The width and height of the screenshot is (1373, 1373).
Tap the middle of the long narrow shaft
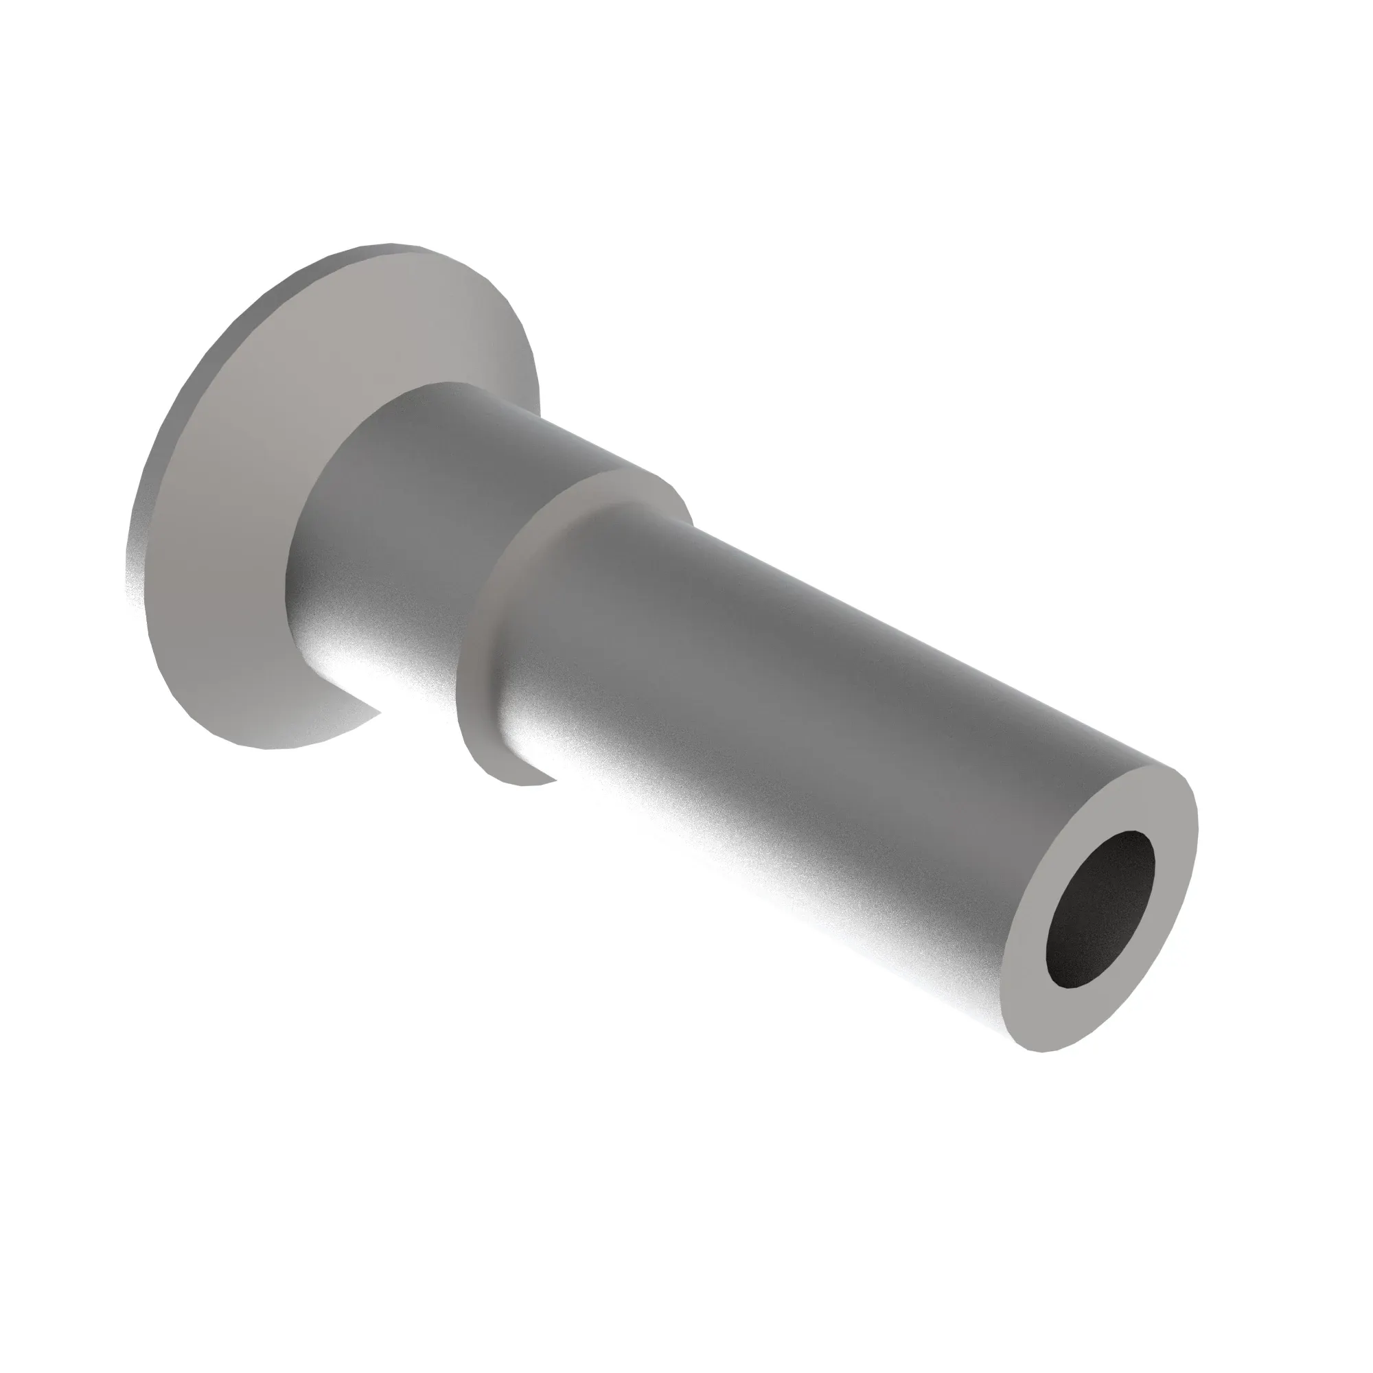[x=817, y=711]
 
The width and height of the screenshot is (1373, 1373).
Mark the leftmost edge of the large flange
[x=128, y=568]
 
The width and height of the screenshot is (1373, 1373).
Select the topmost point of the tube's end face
[x=1166, y=769]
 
